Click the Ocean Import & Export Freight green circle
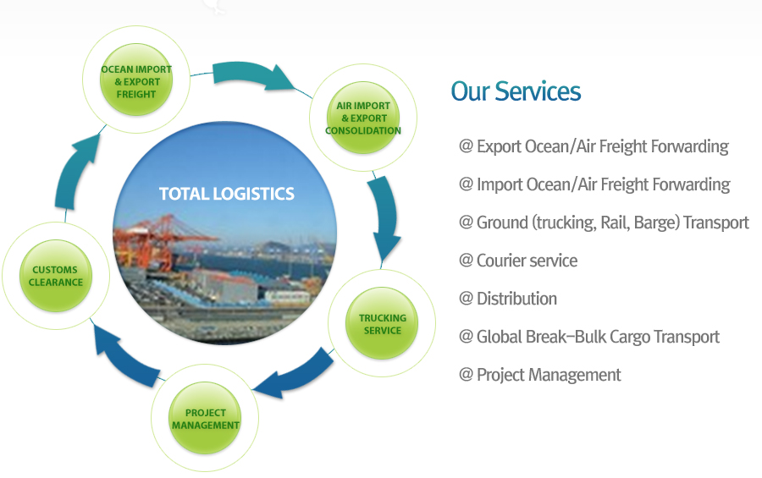pos(136,80)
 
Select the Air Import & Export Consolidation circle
pos(363,118)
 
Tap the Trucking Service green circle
pos(382,323)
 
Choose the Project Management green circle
pos(205,418)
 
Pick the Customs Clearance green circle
pos(56,276)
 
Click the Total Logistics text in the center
pos(226,194)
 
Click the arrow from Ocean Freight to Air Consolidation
pos(252,76)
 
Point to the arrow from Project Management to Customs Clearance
pos(124,357)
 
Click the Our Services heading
pos(516,91)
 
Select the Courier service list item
pos(518,261)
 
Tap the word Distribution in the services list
pos(516,299)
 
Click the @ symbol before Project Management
pos(466,375)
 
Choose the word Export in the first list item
pos(499,146)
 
